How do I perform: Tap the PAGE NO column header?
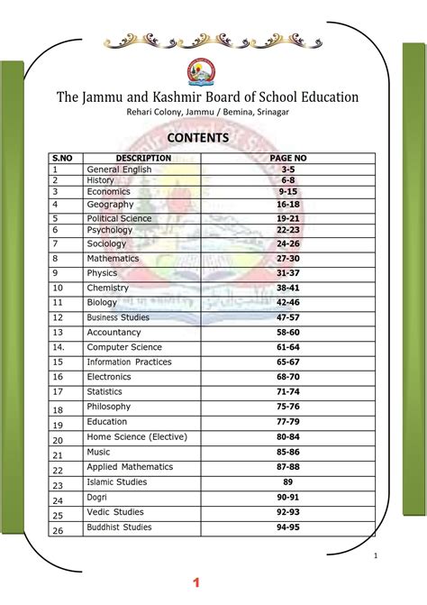pos(288,158)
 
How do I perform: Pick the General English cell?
pos(119,170)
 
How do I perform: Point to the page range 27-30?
pos(288,259)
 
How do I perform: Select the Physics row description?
pos(102,273)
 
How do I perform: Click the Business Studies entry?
pos(118,317)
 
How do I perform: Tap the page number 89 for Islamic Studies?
pos(288,482)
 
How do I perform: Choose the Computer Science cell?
pos(124,347)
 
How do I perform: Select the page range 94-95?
pos(288,527)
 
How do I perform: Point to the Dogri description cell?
pos(96,497)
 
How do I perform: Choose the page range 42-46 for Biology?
pos(288,303)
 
